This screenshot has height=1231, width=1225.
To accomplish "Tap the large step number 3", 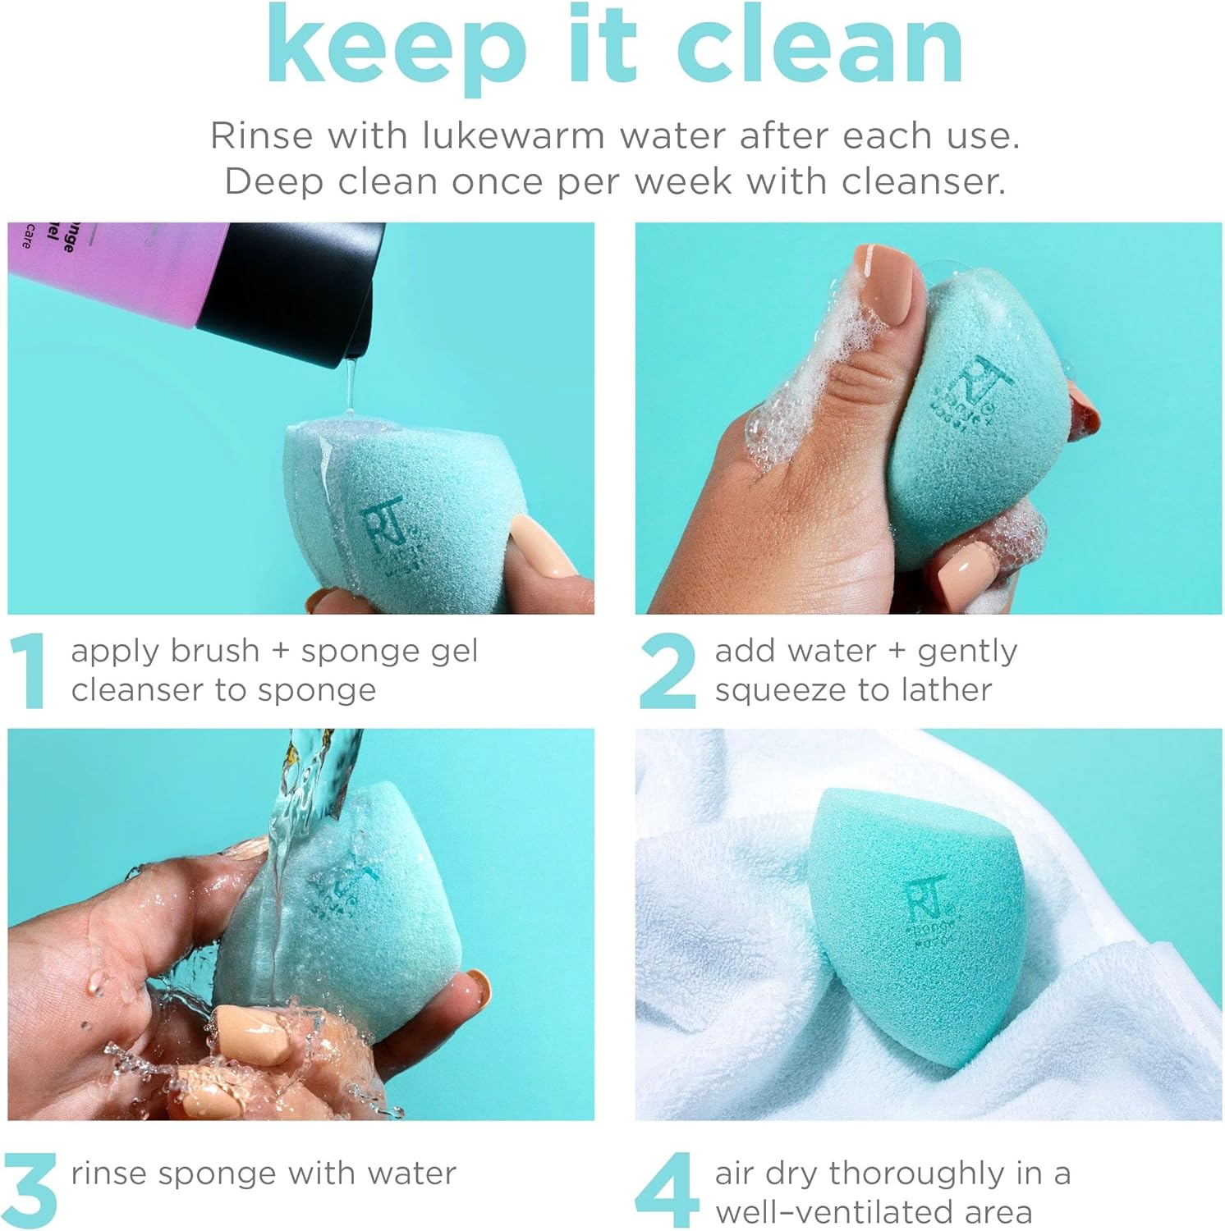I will click(x=30, y=1190).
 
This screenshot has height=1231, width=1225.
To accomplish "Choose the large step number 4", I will click(x=667, y=1190).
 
